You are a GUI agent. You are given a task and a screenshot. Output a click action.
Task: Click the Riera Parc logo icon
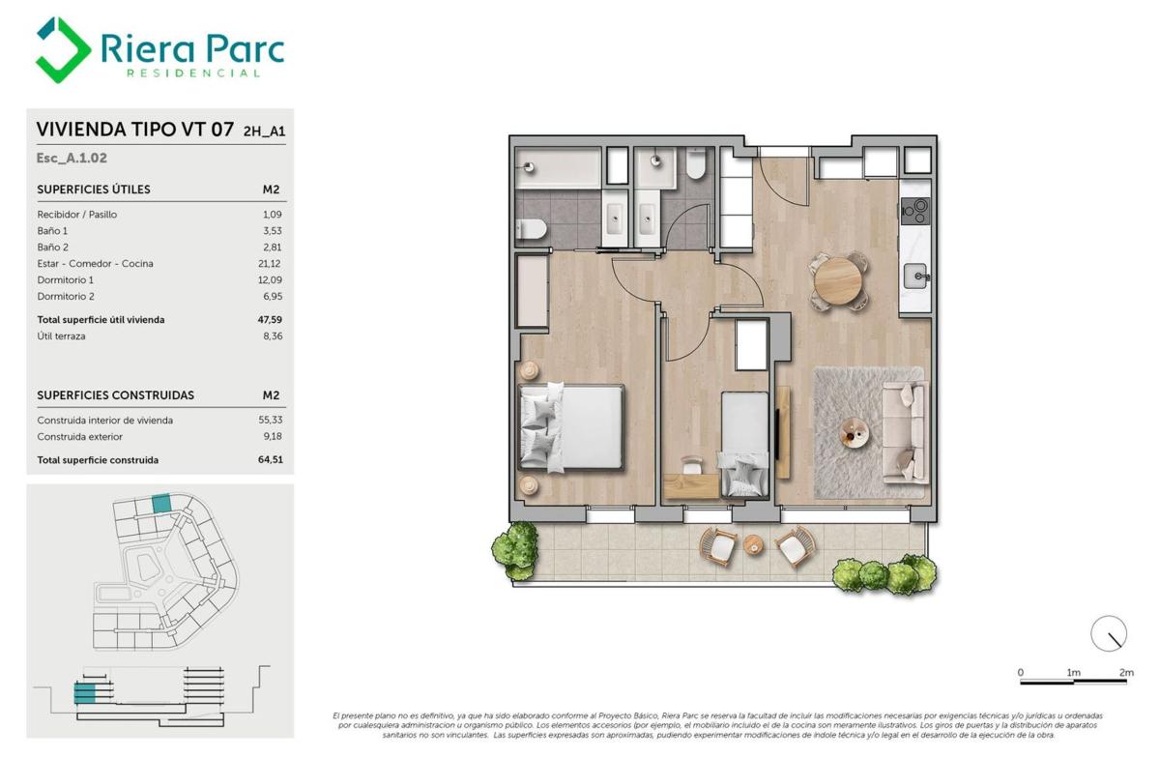(x=63, y=49)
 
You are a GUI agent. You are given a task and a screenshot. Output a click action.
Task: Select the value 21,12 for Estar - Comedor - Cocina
(x=270, y=264)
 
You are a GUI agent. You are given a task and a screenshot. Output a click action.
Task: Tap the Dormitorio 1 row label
(x=66, y=280)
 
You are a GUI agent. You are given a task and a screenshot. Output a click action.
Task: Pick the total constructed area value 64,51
(x=271, y=459)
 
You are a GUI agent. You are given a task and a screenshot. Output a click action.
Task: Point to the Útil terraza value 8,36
(x=273, y=336)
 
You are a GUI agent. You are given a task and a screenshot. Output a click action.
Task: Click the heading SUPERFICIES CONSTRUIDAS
(x=115, y=395)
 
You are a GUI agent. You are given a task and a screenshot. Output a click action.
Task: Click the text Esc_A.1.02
(x=72, y=158)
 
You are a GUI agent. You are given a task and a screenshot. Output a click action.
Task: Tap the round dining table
(x=838, y=280)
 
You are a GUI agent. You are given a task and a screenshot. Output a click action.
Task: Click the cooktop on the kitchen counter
(x=915, y=212)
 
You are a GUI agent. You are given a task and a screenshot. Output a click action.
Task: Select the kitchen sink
(x=916, y=277)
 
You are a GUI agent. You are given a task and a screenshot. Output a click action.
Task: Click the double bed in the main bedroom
(x=571, y=427)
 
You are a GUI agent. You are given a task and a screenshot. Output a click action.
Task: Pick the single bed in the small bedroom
(x=744, y=444)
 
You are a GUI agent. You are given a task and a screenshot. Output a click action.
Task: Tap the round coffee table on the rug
(x=855, y=432)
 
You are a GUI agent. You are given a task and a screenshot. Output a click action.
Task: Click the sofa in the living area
(x=905, y=432)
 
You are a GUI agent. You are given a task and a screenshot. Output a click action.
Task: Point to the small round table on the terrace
(x=753, y=545)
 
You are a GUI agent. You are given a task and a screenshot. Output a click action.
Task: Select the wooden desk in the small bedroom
(x=691, y=486)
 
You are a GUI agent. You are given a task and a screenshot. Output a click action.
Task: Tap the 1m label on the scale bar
(x=1074, y=673)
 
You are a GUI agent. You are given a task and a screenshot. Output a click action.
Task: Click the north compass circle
(x=1109, y=633)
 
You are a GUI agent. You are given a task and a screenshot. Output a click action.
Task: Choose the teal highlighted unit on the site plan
(x=161, y=504)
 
